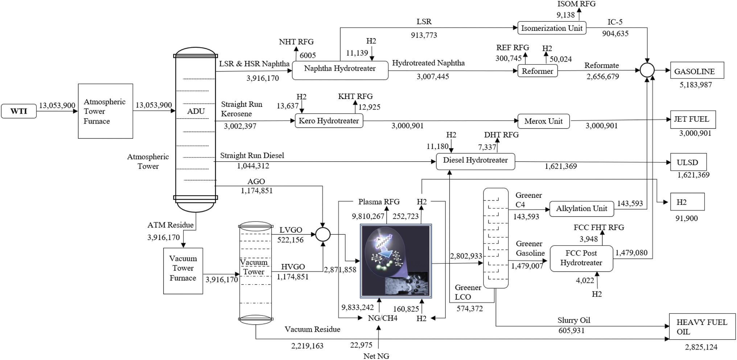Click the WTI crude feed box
coord(19,111)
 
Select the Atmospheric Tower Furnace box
coord(106,111)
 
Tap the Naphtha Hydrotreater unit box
coord(340,70)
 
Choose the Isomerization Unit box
coord(552,28)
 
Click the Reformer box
coord(538,71)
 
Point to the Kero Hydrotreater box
coord(329,121)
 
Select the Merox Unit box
coord(544,121)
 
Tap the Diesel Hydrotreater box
coord(475,161)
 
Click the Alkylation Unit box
coord(582,209)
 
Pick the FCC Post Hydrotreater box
coord(581,258)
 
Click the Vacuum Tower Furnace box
coord(183,271)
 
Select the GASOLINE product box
coord(697,70)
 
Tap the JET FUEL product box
coord(693,120)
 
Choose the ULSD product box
coord(688,162)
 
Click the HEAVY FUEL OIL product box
coord(702,327)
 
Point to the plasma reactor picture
coord(396,261)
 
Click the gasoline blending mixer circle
coord(647,70)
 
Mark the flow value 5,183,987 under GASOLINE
coord(696,85)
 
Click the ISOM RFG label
coord(576,4)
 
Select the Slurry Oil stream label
coord(574,320)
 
